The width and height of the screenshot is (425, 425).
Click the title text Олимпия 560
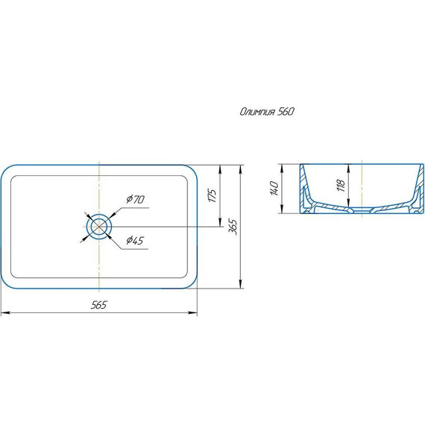pos(267,112)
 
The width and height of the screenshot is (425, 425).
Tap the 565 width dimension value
pos(98,305)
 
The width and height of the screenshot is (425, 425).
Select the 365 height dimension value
pos(233,227)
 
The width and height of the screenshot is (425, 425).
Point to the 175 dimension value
pos(212,195)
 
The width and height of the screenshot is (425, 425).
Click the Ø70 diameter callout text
pos(135,200)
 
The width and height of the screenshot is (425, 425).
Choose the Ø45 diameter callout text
pos(135,240)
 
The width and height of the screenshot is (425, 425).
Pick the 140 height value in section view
pos(274,189)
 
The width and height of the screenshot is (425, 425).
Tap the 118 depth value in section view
pos(341,186)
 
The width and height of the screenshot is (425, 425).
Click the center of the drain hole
pos(99,227)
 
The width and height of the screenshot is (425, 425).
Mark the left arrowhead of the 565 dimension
pos(5,313)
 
